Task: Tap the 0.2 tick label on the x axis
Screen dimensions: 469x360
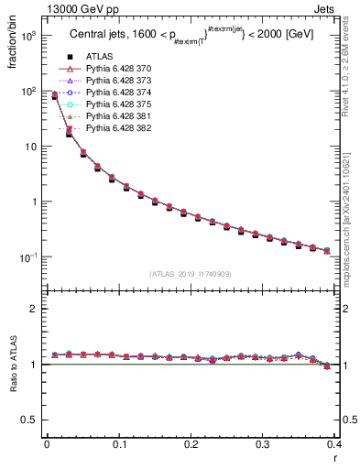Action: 191,446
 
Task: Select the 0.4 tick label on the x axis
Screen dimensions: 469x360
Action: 334,446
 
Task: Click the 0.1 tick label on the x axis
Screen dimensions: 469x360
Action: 119,446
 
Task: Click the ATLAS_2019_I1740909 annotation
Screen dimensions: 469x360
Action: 190,274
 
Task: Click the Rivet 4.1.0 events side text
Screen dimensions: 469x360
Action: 350,64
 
